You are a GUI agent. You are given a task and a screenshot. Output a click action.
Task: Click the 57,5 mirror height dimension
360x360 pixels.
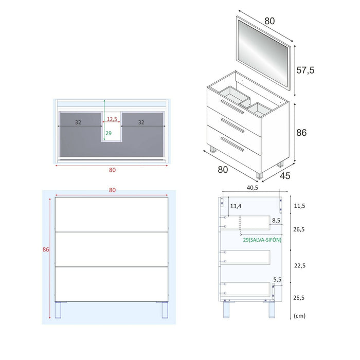pyautogui.click(x=304, y=70)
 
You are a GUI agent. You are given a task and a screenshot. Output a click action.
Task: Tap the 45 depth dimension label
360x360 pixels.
pyautogui.click(x=285, y=175)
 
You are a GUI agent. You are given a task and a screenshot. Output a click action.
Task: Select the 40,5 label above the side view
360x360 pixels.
pyautogui.click(x=253, y=188)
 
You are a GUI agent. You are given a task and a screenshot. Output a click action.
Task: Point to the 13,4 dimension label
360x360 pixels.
pyautogui.click(x=236, y=206)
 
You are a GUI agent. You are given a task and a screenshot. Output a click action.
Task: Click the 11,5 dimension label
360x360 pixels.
pyautogui.click(x=299, y=206)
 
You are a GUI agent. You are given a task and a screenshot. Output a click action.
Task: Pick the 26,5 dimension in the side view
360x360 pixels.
pyautogui.click(x=299, y=229)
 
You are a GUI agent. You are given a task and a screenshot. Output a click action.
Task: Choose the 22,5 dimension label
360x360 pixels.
pyautogui.click(x=299, y=265)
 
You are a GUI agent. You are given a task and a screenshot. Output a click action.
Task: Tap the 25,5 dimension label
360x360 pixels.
pyautogui.click(x=299, y=297)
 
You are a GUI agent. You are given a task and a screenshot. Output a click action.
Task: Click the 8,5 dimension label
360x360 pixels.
pyautogui.click(x=276, y=221)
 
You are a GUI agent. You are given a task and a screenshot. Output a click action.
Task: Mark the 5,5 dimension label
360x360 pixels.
pyautogui.click(x=278, y=280)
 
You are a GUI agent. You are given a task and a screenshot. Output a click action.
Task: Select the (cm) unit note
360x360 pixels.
pyautogui.click(x=299, y=316)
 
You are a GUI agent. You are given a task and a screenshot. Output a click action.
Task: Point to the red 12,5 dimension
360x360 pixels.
pyautogui.click(x=112, y=119)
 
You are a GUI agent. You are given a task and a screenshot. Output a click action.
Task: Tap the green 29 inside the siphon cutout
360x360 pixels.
pyautogui.click(x=108, y=133)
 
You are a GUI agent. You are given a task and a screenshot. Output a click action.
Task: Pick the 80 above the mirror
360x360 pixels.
pyautogui.click(x=269, y=21)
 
